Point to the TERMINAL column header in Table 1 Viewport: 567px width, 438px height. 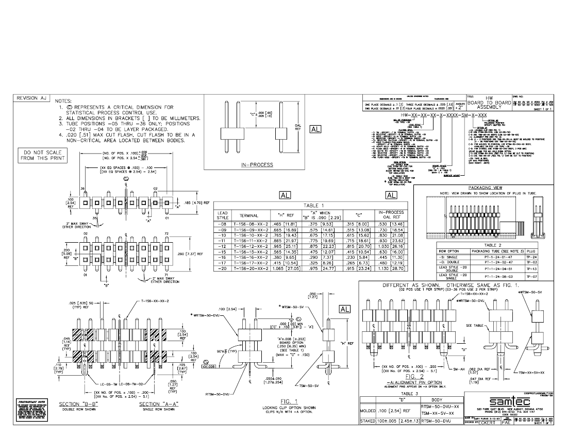coord(251,215)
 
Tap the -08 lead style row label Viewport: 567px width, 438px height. coord(222,225)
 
